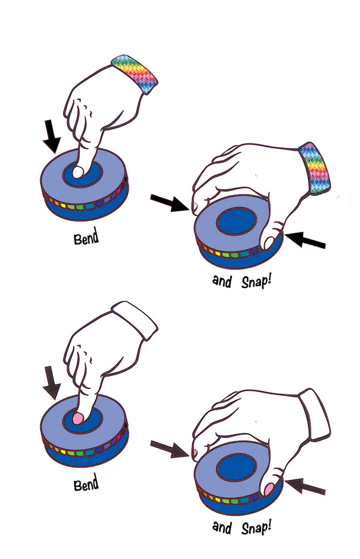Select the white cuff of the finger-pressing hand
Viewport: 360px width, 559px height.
pyautogui.click(x=136, y=319)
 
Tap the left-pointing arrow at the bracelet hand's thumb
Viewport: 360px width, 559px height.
pyautogui.click(x=305, y=241)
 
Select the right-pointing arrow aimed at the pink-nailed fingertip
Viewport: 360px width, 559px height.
pyautogui.click(x=169, y=448)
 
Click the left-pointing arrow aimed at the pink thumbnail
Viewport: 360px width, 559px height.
pyautogui.click(x=305, y=485)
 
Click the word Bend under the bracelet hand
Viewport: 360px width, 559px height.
pyautogui.click(x=86, y=238)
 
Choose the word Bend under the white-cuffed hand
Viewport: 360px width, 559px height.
pyautogui.click(x=86, y=484)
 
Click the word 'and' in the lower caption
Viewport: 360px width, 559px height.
pyautogui.click(x=223, y=527)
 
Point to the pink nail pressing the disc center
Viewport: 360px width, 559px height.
pyautogui.click(x=78, y=417)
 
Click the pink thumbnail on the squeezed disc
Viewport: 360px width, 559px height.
pyautogui.click(x=268, y=489)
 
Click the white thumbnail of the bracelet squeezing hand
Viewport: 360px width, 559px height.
pyautogui.click(x=269, y=243)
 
